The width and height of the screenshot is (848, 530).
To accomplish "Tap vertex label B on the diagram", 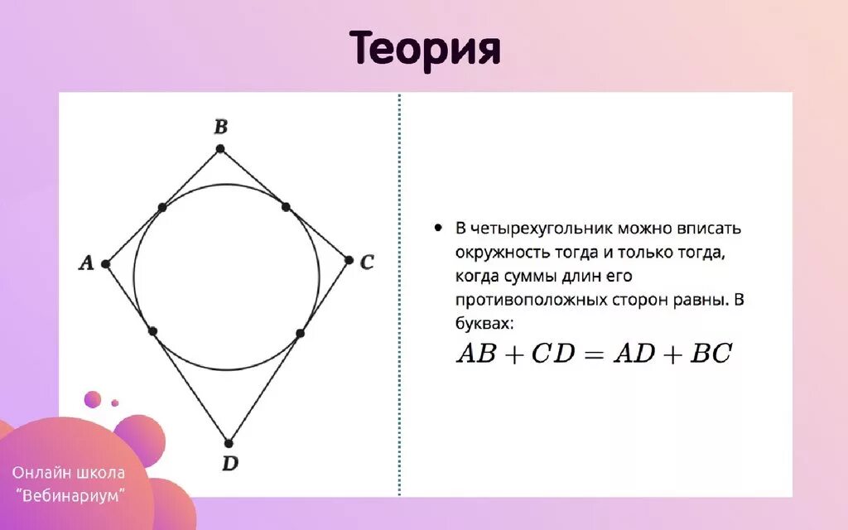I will [x=220, y=128].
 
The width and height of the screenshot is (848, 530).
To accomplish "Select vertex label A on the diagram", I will [x=85, y=263].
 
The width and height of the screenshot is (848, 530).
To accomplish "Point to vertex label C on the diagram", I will [x=367, y=263].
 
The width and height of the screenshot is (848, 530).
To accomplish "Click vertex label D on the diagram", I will [x=229, y=464].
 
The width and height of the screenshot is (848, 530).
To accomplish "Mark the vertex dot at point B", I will [x=219, y=149].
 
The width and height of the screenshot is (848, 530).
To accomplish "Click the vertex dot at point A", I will [x=105, y=264].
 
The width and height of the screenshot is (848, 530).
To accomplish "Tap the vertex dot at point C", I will [x=349, y=260].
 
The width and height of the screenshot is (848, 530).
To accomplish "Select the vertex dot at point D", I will [x=229, y=443].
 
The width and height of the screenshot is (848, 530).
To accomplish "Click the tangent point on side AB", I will [x=162, y=207].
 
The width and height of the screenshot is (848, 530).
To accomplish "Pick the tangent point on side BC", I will [x=285, y=206].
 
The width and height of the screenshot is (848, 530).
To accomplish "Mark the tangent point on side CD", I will [x=300, y=333].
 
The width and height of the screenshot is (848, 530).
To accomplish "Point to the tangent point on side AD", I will [x=153, y=331].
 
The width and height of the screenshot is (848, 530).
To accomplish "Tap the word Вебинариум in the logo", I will [x=71, y=494].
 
